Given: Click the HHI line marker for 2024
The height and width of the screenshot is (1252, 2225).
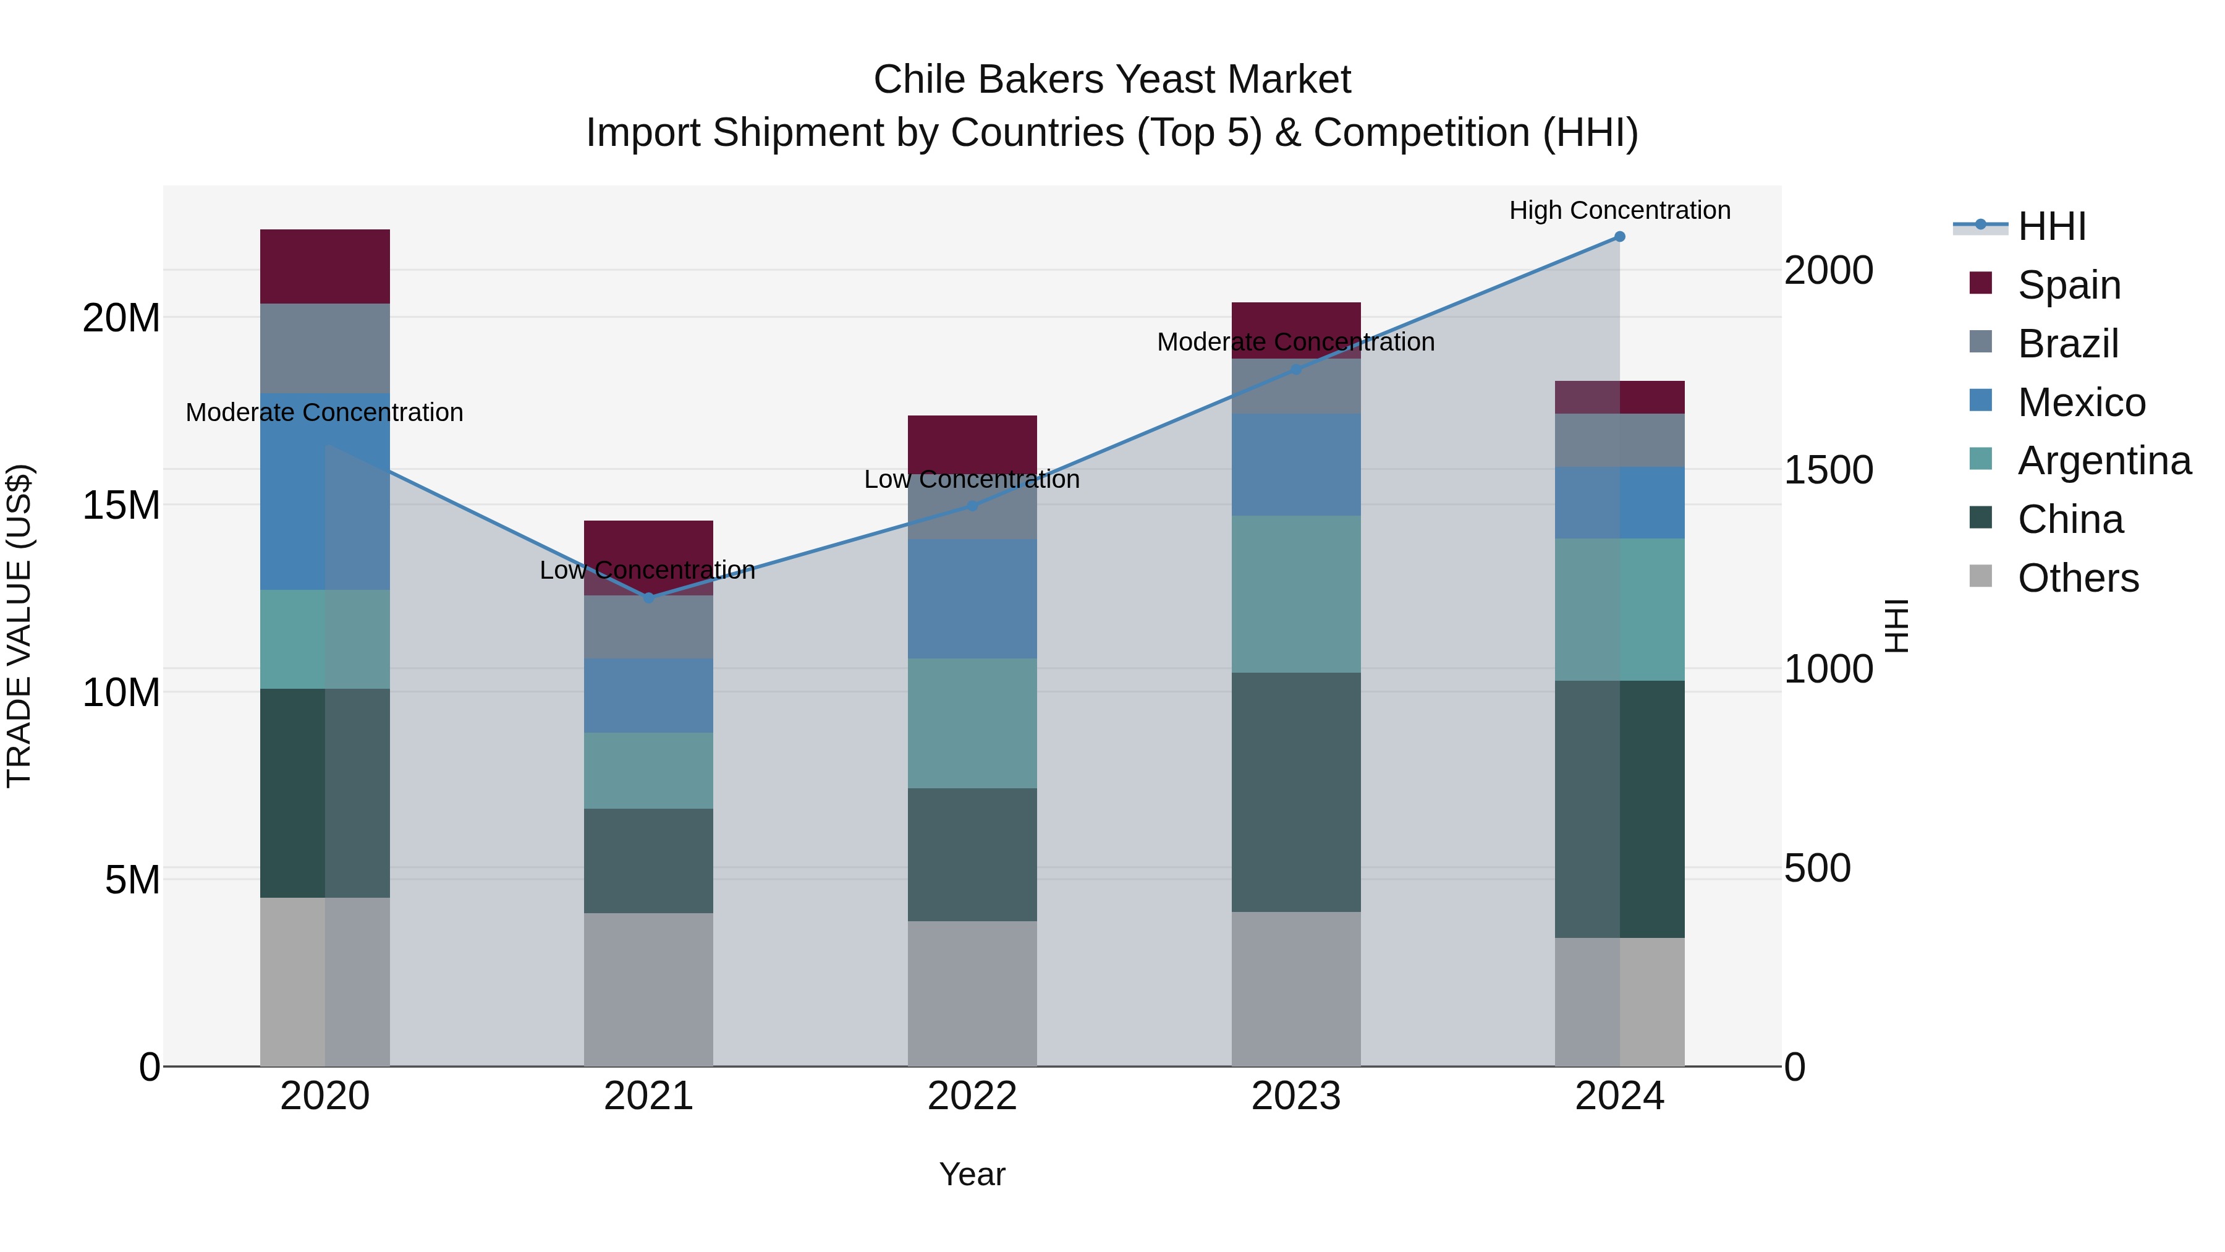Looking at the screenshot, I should [1619, 237].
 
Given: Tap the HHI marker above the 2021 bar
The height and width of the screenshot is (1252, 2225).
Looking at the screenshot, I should [649, 598].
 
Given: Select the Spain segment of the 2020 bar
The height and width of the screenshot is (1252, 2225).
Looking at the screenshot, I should [324, 266].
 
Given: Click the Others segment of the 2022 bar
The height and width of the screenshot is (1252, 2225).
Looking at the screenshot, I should [972, 994].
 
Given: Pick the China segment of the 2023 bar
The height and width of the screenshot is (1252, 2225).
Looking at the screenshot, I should [1295, 793].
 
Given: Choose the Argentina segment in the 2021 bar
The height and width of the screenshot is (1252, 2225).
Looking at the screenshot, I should [649, 771].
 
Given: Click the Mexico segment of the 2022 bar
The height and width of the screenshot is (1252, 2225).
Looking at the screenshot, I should [972, 598].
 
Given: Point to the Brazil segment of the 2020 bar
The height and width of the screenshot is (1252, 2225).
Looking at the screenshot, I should [324, 348].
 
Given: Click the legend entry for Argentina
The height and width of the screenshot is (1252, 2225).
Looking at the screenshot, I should [2104, 461].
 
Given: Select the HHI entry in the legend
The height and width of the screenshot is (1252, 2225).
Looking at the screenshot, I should [2051, 226].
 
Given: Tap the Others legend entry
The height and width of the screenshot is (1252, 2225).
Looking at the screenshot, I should [2077, 578].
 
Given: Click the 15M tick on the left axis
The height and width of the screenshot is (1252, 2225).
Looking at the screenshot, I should [121, 505].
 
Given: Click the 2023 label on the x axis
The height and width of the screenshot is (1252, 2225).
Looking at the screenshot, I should [1295, 1096].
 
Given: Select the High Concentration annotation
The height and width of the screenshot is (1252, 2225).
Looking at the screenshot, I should [1619, 210].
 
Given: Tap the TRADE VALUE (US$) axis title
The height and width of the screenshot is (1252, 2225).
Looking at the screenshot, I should [19, 626].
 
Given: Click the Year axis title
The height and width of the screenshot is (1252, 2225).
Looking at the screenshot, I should [972, 1174].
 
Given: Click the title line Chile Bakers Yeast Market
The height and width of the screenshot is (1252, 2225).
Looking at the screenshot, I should [1112, 80].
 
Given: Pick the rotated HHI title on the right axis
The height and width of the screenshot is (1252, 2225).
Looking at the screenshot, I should [1897, 626].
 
